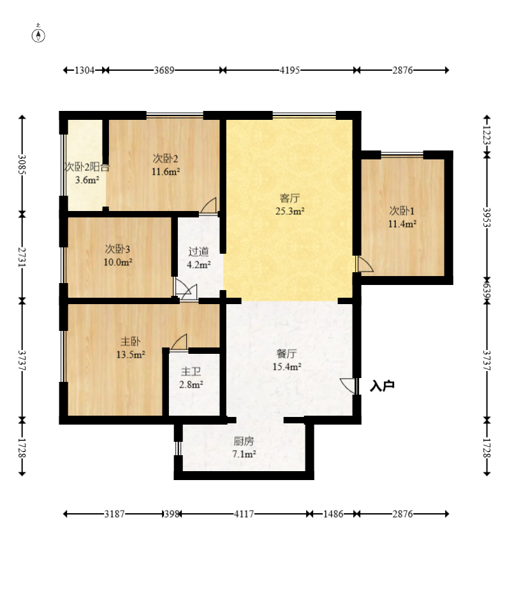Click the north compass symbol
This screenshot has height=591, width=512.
point(38,34)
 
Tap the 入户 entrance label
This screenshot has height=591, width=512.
point(382,386)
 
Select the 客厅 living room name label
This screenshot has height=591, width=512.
point(289,198)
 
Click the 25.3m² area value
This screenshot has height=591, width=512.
point(289,211)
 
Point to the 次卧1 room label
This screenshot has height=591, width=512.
point(402,210)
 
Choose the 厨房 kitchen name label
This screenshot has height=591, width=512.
point(244,441)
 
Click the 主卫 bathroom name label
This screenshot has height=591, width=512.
point(191,372)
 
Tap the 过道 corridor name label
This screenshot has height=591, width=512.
point(198,251)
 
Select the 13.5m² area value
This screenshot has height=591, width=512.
point(131,354)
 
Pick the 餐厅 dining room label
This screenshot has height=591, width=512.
point(286,354)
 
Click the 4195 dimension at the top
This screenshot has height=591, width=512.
point(289,70)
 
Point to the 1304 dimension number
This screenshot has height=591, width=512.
point(84,70)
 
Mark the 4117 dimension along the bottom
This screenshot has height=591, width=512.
point(244,514)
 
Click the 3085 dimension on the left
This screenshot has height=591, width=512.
point(22,164)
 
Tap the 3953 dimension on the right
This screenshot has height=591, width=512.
point(486,217)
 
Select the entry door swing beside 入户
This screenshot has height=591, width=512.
point(348,386)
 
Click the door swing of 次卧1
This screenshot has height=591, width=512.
point(365,264)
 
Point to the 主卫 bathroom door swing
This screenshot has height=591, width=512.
point(179,342)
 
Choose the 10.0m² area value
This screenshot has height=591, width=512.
point(118,262)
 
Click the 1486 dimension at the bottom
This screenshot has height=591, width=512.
point(333,514)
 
